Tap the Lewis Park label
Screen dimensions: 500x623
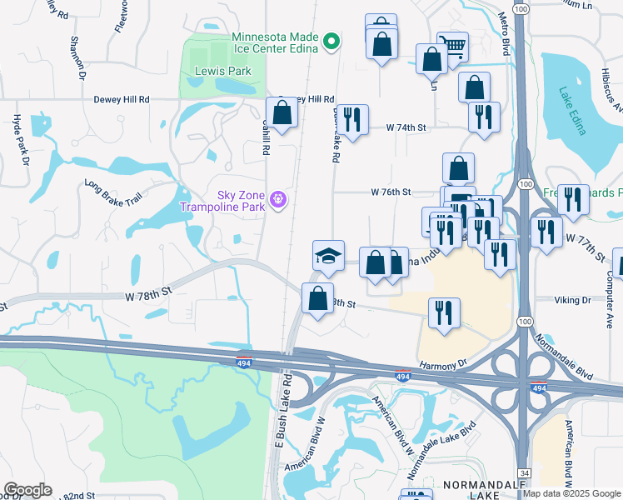click(223, 72)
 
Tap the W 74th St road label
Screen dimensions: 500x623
click(406, 127)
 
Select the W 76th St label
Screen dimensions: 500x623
click(391, 192)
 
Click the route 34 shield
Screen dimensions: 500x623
click(524, 472)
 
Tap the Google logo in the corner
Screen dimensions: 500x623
click(27, 490)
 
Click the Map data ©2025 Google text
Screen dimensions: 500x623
click(571, 494)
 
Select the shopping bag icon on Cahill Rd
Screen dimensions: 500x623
click(282, 112)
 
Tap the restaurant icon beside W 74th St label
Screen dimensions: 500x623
click(352, 120)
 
